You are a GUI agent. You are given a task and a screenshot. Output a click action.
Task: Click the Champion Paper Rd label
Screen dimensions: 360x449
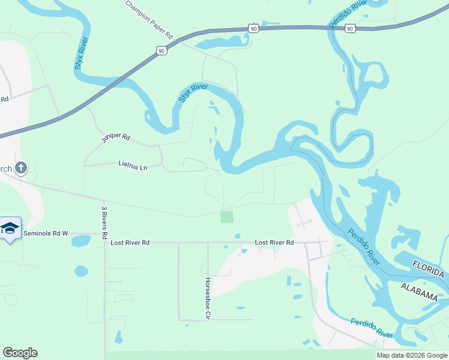point(149,20)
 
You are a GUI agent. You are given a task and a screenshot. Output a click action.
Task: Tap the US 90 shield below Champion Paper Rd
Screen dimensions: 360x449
point(161,51)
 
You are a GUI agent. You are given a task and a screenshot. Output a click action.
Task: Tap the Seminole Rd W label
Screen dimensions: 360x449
point(46,233)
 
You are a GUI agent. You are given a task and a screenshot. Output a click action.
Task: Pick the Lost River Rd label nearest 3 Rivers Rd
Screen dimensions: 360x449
point(130,242)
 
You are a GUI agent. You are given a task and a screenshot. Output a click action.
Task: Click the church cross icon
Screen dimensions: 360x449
point(21,167)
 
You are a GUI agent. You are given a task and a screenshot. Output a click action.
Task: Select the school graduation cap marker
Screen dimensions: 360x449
point(10,229)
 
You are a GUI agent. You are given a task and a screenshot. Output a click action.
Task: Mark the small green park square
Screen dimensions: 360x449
point(227,217)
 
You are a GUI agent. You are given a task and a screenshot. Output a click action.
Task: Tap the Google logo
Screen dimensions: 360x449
point(20,353)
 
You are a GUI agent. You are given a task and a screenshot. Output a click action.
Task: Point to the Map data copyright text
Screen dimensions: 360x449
point(411,355)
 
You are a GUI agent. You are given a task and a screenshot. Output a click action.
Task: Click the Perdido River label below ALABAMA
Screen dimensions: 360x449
point(372,328)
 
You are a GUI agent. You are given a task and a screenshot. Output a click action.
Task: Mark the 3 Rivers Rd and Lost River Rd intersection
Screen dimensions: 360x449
point(104,243)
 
